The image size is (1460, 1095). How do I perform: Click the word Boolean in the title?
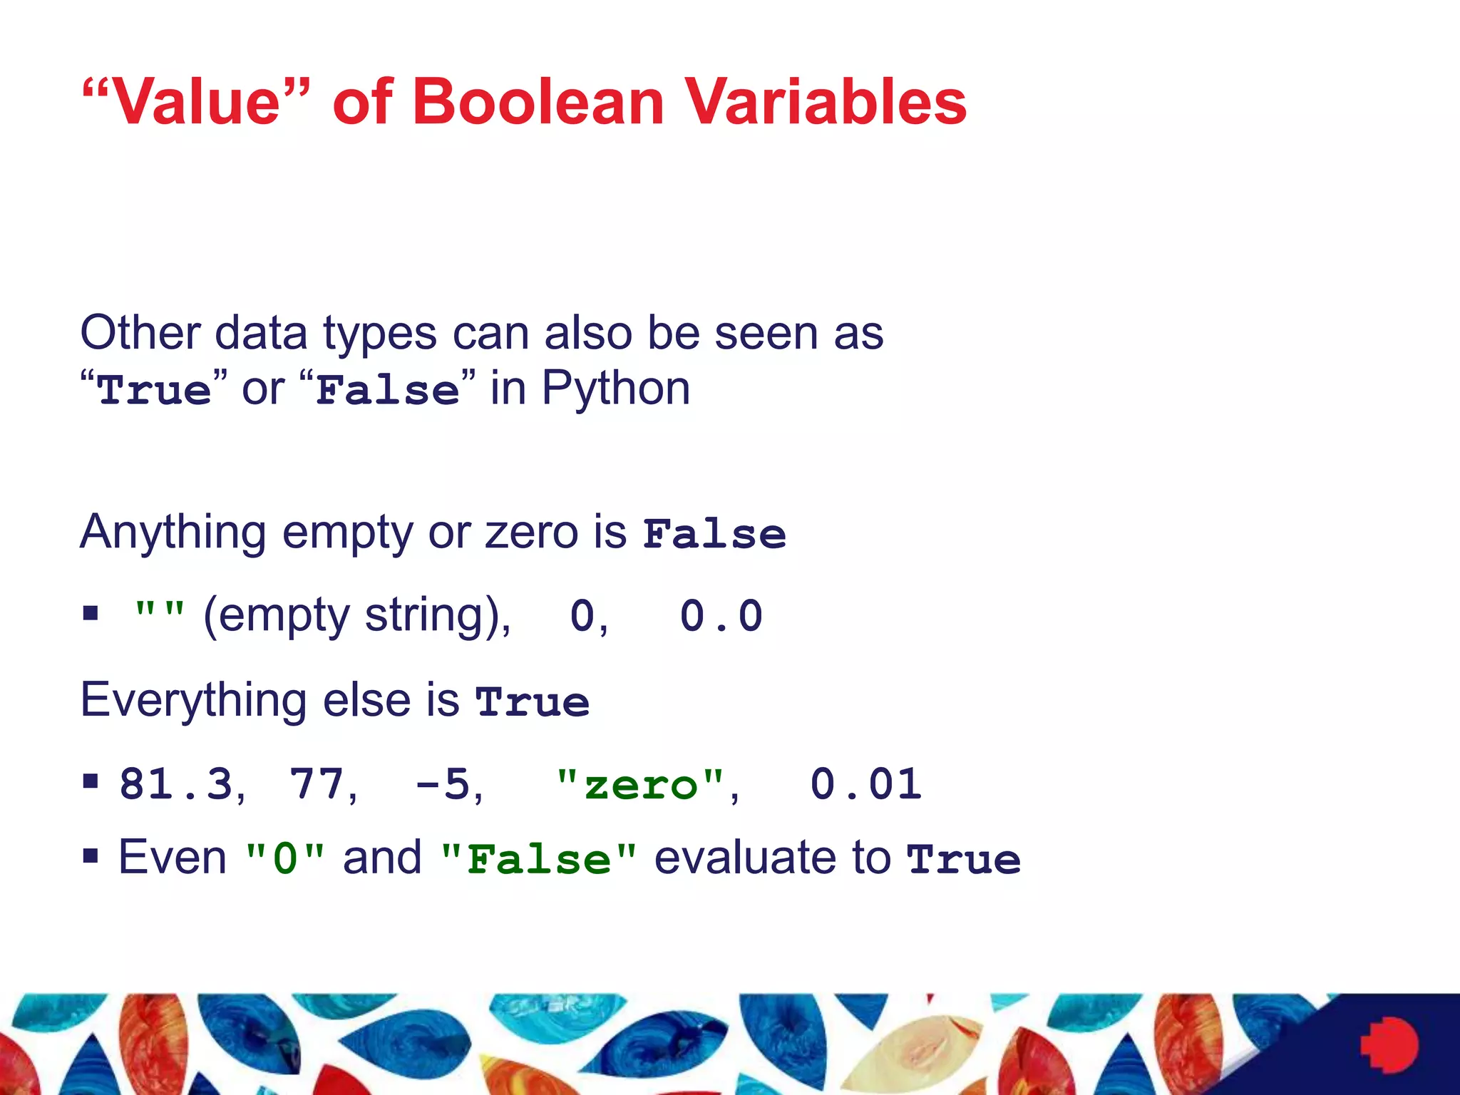[538, 102]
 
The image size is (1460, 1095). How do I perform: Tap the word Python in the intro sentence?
[615, 389]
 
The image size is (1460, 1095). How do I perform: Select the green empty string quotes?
[160, 612]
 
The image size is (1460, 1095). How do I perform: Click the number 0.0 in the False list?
[721, 616]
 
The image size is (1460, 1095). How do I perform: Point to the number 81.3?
[176, 784]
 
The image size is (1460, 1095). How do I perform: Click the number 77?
[317, 784]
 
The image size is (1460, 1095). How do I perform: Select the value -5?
[443, 784]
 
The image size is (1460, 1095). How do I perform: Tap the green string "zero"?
[639, 784]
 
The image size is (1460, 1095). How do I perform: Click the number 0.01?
[865, 784]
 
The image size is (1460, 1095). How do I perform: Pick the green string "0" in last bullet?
[284, 858]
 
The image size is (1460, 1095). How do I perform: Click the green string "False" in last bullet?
[538, 858]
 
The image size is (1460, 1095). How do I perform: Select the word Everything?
[193, 701]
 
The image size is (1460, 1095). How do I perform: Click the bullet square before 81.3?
[91, 781]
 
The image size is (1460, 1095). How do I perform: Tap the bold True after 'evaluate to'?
[963, 859]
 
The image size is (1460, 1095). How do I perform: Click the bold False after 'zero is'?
[714, 534]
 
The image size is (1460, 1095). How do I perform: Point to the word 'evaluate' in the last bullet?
[772, 858]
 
